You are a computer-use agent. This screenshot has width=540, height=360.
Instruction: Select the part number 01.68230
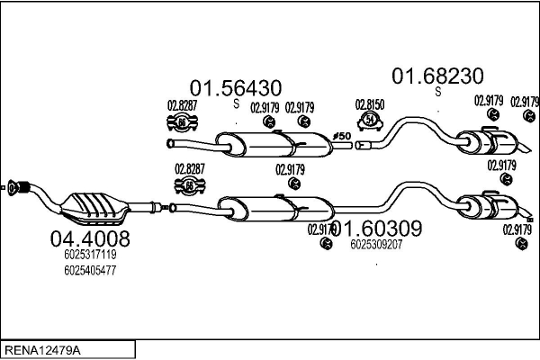tap(436, 75)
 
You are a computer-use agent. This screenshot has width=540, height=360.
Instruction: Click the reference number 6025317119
tap(90, 255)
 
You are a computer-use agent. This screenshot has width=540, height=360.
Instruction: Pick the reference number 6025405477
tap(90, 270)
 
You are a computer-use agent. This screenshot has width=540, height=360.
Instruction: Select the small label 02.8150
tap(369, 105)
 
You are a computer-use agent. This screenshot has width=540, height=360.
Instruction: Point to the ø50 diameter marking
tap(343, 134)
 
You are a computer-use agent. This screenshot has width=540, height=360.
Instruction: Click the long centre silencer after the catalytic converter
tap(270, 206)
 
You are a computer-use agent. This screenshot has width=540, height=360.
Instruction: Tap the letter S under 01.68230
tap(438, 90)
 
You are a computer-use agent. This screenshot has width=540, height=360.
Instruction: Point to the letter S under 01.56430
tap(237, 103)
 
